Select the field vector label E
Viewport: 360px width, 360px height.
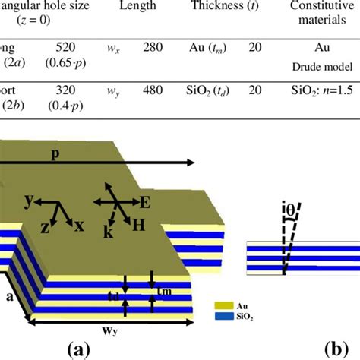tap(144, 203)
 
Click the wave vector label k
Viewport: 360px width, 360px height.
tap(109, 233)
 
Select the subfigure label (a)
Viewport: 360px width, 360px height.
tap(77, 349)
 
